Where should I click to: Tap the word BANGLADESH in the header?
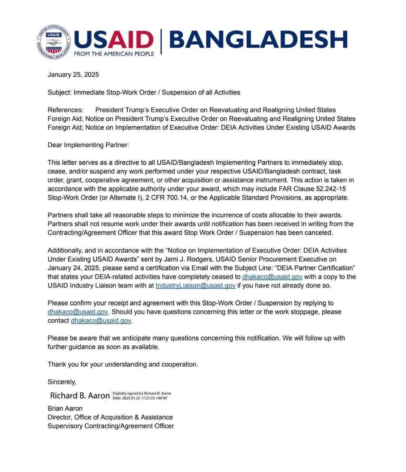(258, 39)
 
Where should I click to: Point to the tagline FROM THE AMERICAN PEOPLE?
(114, 54)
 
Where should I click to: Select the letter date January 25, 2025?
(73, 74)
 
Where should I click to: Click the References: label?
(65, 110)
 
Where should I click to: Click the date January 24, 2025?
(74, 268)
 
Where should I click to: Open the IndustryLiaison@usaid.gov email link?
(195, 285)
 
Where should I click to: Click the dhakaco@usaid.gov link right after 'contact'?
(101, 321)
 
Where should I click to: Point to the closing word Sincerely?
(62, 382)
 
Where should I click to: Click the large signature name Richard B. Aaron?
(80, 395)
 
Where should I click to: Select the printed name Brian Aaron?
(65, 408)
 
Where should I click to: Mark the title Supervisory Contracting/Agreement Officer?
(111, 426)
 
